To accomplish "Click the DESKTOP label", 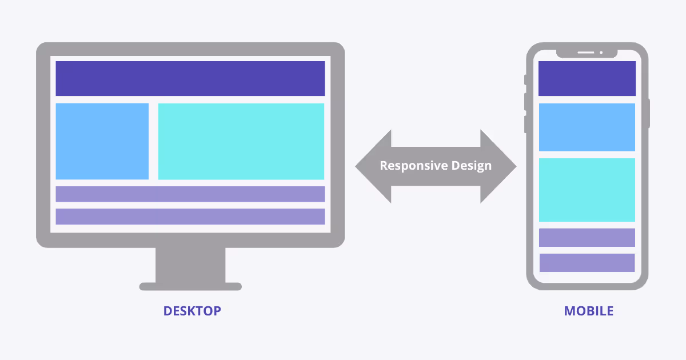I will pos(192,311).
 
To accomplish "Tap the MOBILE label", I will pos(588,311).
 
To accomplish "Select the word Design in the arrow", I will pos(470,166).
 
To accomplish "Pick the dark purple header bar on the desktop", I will pos(190,78).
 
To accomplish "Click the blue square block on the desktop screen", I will pos(102,141).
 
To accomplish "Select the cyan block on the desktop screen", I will pos(241,141).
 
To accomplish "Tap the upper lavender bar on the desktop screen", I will pos(190,194).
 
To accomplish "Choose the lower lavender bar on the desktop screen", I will pos(190,217).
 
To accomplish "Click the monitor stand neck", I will pos(190,265).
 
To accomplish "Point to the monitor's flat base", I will pos(190,286).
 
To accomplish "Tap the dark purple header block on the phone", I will pos(587,78).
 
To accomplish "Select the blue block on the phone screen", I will pos(587,127).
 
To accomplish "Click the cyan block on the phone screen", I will pos(587,190).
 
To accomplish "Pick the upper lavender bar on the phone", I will pos(587,238).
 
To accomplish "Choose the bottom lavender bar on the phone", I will pos(587,263).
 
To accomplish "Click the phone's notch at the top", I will pos(587,53).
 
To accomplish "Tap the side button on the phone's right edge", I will pos(649,113).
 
